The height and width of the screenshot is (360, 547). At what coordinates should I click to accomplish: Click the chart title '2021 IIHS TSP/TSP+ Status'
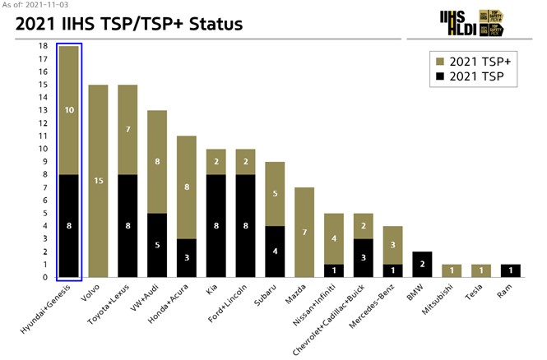pyautogui.click(x=129, y=24)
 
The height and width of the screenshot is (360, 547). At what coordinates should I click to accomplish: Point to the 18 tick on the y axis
pyautogui.click(x=43, y=46)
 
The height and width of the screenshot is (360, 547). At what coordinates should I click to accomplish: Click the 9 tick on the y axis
pyautogui.click(x=44, y=162)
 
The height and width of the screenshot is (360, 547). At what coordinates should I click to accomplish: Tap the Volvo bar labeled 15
pyautogui.click(x=99, y=181)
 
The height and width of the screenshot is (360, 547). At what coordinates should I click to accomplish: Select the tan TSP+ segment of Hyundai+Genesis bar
pyautogui.click(x=69, y=110)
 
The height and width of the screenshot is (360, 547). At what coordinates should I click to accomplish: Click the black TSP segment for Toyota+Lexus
pyautogui.click(x=128, y=226)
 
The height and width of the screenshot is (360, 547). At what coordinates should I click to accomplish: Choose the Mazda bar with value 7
pyautogui.click(x=305, y=233)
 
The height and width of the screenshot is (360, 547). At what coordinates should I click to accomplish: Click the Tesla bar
pyautogui.click(x=482, y=271)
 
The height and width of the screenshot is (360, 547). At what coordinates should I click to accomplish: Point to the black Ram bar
pyautogui.click(x=512, y=271)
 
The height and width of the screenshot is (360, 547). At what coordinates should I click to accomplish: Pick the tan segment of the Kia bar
pyautogui.click(x=217, y=162)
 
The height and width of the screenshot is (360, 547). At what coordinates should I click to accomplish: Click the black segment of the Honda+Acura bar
pyautogui.click(x=187, y=258)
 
